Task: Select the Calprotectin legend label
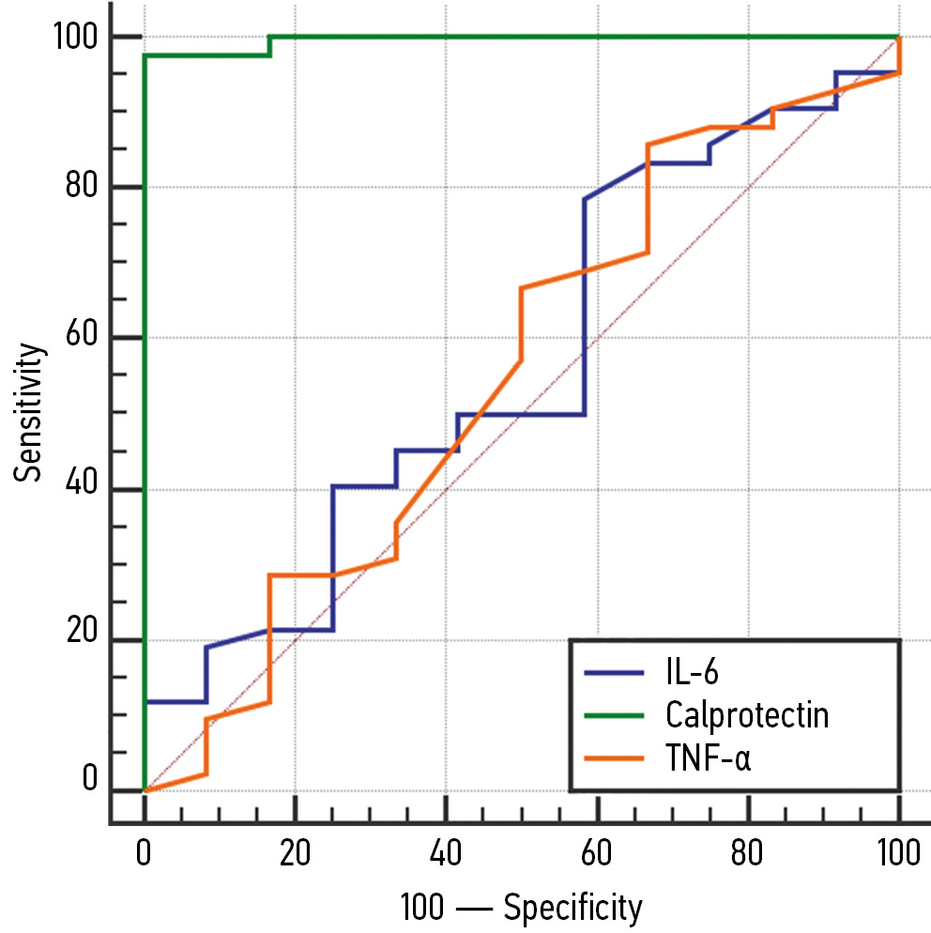[747, 715]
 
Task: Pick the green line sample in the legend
[615, 715]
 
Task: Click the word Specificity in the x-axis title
[573, 908]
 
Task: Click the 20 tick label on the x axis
[295, 854]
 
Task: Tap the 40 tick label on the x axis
[446, 854]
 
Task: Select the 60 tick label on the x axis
[597, 854]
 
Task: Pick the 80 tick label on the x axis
[748, 854]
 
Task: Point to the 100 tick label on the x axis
[898, 854]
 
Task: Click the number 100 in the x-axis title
[424, 908]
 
